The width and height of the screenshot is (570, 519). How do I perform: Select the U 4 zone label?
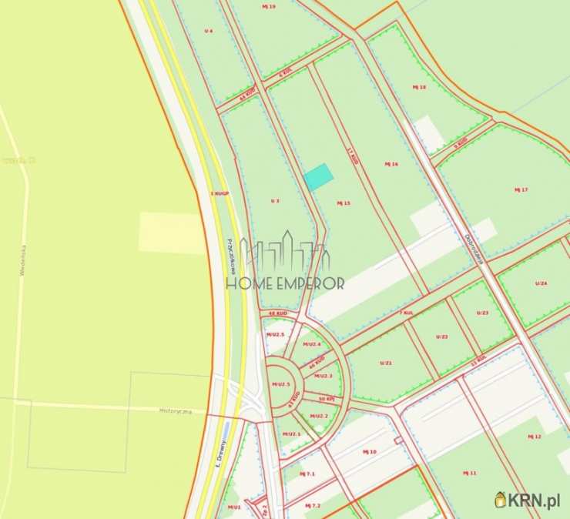point(208,31)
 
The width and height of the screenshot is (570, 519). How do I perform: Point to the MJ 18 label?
point(419,87)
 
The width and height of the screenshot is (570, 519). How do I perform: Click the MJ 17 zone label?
point(521,189)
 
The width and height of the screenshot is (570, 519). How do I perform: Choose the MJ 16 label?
point(391,164)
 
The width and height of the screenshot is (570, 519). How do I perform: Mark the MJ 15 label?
point(344,203)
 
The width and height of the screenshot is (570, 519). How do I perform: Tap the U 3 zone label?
point(274,200)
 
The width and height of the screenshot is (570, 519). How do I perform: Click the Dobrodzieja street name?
point(472,249)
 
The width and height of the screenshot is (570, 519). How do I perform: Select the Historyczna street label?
point(176,411)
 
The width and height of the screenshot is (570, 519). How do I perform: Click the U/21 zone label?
point(386,363)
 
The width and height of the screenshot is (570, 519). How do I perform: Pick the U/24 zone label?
point(541,284)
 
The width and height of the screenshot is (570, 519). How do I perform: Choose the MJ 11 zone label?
point(469,472)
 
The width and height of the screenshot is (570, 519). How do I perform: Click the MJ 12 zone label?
point(535,437)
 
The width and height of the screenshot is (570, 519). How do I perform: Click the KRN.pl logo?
point(527,501)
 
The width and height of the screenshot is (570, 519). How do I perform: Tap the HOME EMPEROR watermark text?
point(285,283)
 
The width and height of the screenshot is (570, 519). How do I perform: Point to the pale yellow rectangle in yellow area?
point(172,233)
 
